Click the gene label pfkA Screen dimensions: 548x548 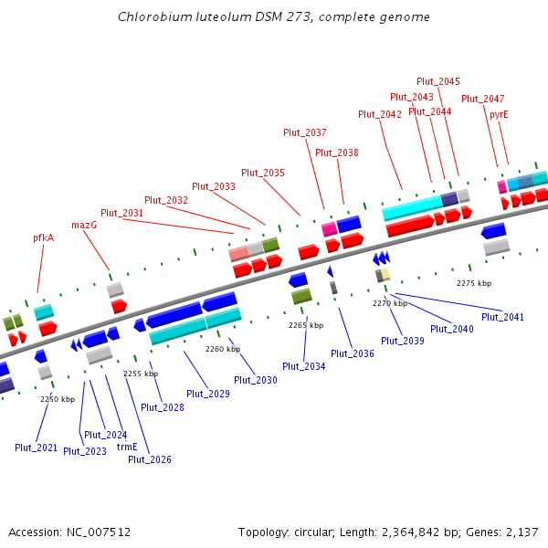(x=44, y=237)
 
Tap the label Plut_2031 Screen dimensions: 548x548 (x=122, y=213)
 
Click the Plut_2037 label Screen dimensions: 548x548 (x=305, y=132)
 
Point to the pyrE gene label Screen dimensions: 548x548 (x=499, y=114)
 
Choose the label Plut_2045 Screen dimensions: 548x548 (x=438, y=81)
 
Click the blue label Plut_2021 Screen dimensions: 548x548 (x=37, y=448)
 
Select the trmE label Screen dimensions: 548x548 (x=127, y=447)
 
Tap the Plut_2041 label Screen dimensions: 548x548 (x=502, y=317)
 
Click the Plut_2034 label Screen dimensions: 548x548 (x=304, y=366)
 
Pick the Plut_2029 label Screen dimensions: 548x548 (x=208, y=394)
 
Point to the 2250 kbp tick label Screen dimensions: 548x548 (x=58, y=399)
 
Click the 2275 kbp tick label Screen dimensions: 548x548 (x=474, y=283)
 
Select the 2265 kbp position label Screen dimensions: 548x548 (x=306, y=325)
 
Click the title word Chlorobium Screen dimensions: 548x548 (x=149, y=17)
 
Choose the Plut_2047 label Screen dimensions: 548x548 (x=483, y=99)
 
